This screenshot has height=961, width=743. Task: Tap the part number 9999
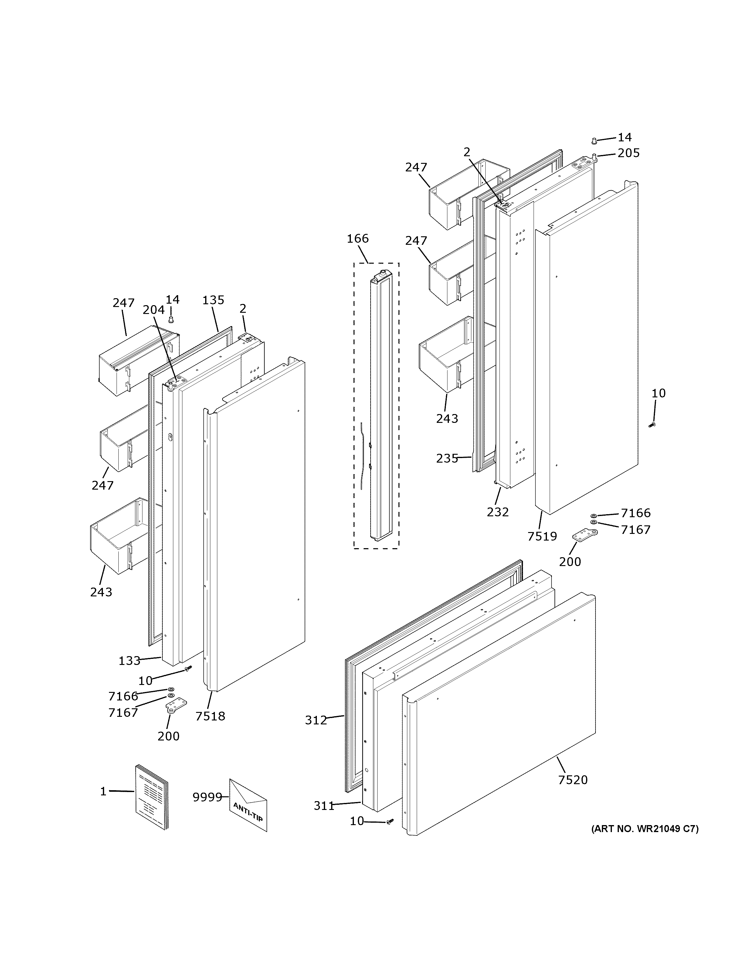coord(207,797)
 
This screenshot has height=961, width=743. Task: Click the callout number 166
coord(358,239)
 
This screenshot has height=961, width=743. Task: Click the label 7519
coord(542,536)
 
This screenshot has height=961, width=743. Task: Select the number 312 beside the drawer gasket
coord(316,720)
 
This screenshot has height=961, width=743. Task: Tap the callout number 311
coord(324,806)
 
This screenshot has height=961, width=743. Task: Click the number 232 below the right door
coord(498,512)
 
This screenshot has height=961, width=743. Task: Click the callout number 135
coord(213,300)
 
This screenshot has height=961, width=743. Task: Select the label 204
coord(154,310)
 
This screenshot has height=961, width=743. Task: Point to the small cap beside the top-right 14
coord(594,141)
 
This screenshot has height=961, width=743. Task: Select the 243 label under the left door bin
coord(101,592)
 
